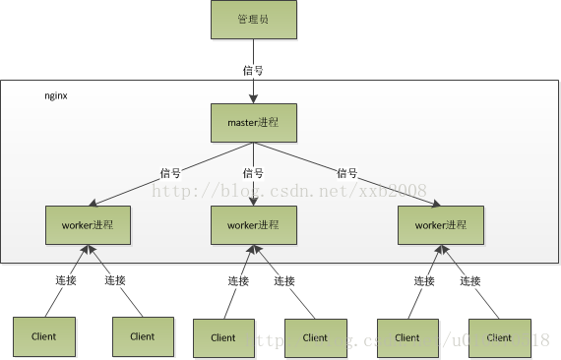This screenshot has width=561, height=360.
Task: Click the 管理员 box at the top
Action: coord(253,20)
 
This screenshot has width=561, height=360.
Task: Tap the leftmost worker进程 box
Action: coord(89,225)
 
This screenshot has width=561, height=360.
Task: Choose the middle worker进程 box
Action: coord(254,225)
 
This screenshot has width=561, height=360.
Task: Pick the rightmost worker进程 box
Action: coord(440,225)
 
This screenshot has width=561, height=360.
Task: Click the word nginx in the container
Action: coord(56,96)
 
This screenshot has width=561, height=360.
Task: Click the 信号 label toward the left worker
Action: coord(170,173)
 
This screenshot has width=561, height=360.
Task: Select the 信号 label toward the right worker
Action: coord(345,173)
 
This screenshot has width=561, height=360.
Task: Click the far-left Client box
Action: coord(44,336)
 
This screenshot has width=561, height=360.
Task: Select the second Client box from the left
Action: coord(143,336)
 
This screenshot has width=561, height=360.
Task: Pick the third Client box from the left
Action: coord(223,337)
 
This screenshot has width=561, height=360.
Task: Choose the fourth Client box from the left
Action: coord(315,337)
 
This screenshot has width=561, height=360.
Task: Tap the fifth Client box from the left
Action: coord(407,337)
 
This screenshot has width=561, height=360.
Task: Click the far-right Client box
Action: coord(499,337)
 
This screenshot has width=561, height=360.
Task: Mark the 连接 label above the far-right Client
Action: coord(471,281)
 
